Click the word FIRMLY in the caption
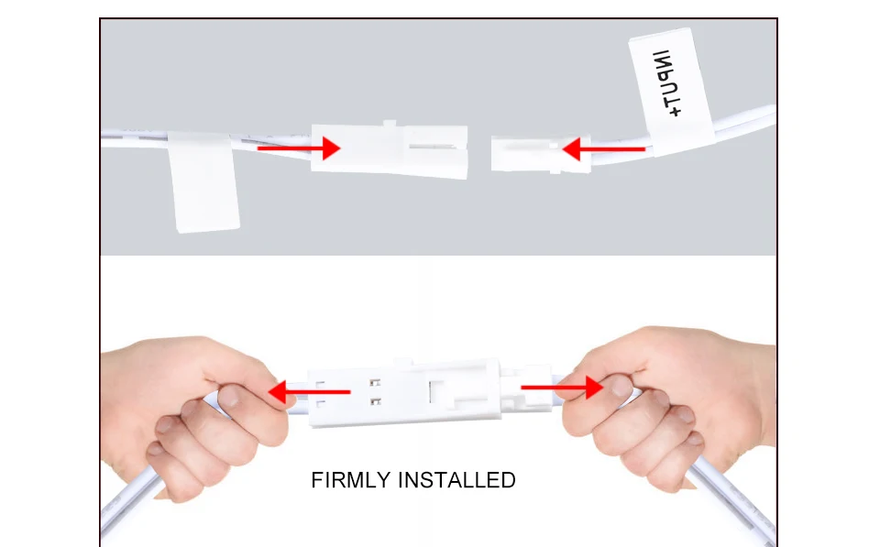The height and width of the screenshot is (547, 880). pyautogui.click(x=350, y=480)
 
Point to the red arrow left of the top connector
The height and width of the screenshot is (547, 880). pyautogui.click(x=298, y=147)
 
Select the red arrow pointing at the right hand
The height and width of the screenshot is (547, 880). pyautogui.click(x=562, y=388)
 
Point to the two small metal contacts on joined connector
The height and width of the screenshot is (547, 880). pyautogui.click(x=373, y=391)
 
